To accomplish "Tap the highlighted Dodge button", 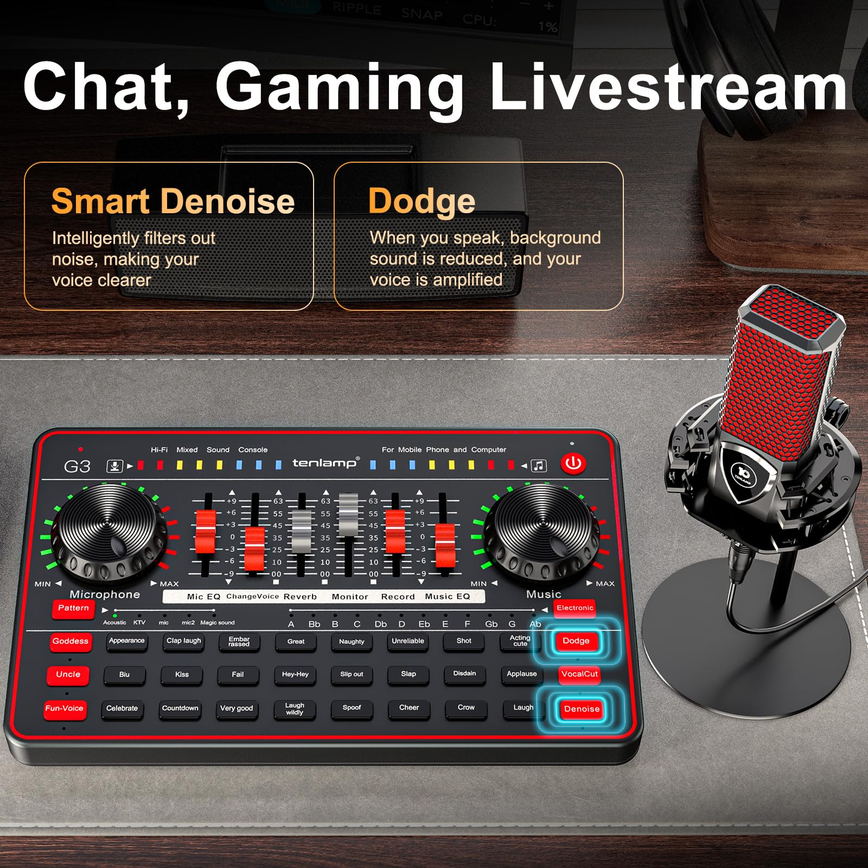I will [576, 641].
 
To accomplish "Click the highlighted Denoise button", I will [581, 709].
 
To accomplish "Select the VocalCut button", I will [579, 674].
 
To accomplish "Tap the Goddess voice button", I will [71, 642].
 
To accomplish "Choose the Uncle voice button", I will [68, 675].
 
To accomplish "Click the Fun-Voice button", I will [65, 709].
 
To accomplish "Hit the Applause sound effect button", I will [521, 674].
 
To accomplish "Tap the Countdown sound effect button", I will [180, 709].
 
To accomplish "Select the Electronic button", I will [575, 608].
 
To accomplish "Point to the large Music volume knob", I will [542, 529].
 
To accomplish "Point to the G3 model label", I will [77, 467].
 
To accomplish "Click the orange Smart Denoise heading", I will [173, 201].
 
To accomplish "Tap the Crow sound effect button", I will [465, 708].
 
